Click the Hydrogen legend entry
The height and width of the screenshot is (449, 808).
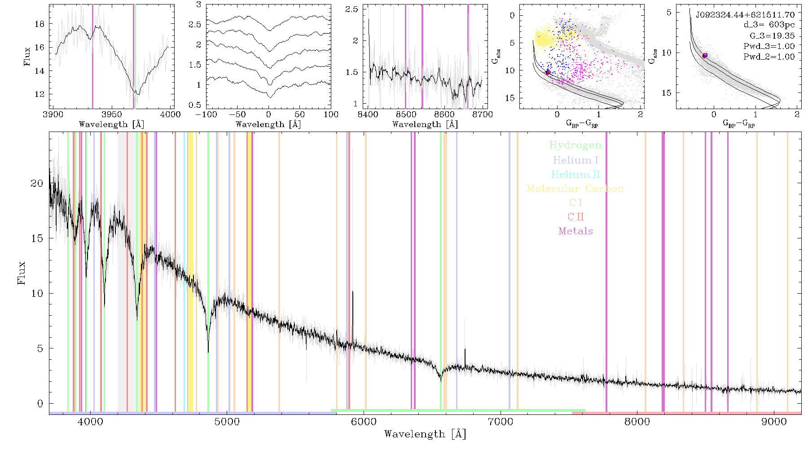(x=575, y=145)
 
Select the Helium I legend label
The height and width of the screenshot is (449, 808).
(x=575, y=160)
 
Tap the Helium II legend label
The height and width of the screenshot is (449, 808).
(x=575, y=174)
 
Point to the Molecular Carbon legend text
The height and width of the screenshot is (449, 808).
(x=575, y=189)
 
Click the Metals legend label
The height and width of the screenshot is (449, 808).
(x=575, y=231)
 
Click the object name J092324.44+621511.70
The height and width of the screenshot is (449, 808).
(x=745, y=15)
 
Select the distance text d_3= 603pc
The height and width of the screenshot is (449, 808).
(x=769, y=25)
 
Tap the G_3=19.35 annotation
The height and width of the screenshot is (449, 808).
(x=772, y=36)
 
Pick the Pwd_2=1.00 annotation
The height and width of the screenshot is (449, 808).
(x=769, y=57)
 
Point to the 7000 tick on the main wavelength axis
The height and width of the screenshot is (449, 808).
(x=500, y=422)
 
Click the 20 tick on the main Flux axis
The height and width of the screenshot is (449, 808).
(x=37, y=183)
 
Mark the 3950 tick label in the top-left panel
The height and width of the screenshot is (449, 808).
(x=112, y=114)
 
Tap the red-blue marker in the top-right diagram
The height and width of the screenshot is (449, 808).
(x=705, y=55)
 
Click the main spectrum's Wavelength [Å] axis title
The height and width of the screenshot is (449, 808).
(x=425, y=434)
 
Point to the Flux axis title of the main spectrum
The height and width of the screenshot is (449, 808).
(x=21, y=273)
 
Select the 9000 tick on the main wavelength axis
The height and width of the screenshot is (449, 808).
(x=773, y=422)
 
